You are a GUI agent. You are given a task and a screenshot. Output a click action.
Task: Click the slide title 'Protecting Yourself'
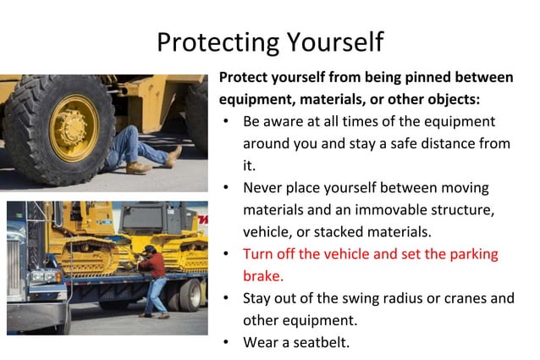point(270,41)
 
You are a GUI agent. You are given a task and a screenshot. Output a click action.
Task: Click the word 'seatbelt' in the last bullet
point(318,342)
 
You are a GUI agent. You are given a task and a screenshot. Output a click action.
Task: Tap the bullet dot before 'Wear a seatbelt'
point(227,342)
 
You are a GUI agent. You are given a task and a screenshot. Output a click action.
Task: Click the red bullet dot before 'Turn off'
point(227,254)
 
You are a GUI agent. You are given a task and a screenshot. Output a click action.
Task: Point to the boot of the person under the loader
point(173,156)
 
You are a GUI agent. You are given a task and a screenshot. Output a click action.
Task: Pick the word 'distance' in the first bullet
point(449,143)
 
